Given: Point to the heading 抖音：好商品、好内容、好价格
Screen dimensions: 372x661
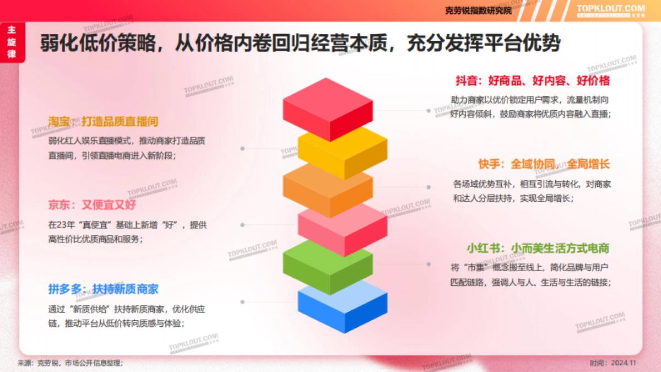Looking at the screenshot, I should pyautogui.click(x=532, y=81).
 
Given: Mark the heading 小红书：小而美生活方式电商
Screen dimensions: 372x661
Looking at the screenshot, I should pyautogui.click(x=538, y=248).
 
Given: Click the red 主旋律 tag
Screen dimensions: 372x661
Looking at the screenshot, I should pyautogui.click(x=10, y=42).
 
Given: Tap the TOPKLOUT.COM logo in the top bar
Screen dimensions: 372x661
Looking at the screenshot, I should pyautogui.click(x=610, y=9).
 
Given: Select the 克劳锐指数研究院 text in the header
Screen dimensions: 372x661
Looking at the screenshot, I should pyautogui.click(x=478, y=10).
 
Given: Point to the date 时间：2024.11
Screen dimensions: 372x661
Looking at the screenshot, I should pyautogui.click(x=613, y=363).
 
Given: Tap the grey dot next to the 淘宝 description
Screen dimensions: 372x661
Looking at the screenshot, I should pyautogui.click(x=242, y=148).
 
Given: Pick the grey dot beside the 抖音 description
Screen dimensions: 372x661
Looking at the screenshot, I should pyautogui.click(x=429, y=110).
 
